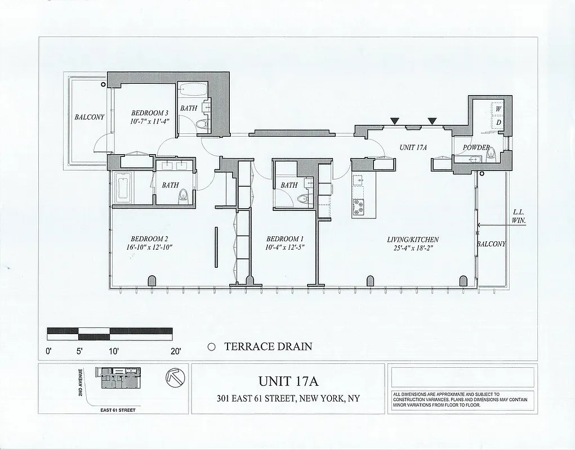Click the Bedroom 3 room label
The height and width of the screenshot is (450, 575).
[149, 112]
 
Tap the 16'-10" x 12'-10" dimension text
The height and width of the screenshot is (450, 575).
[149, 247]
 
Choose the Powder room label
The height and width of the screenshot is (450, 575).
[476, 147]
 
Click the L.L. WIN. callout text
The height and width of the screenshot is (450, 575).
[519, 217]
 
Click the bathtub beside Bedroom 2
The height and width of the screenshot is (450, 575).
[123, 188]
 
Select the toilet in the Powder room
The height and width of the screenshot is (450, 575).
[491, 152]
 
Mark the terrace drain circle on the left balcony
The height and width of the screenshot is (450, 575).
[103, 84]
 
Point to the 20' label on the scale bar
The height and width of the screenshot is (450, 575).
[175, 352]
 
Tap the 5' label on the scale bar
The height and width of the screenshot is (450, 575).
[79, 352]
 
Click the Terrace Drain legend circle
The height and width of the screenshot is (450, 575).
[212, 347]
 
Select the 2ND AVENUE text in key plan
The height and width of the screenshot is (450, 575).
[82, 382]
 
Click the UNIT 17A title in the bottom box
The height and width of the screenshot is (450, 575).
[288, 382]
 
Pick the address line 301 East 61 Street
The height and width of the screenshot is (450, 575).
[288, 399]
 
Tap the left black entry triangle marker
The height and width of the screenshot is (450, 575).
[395, 120]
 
